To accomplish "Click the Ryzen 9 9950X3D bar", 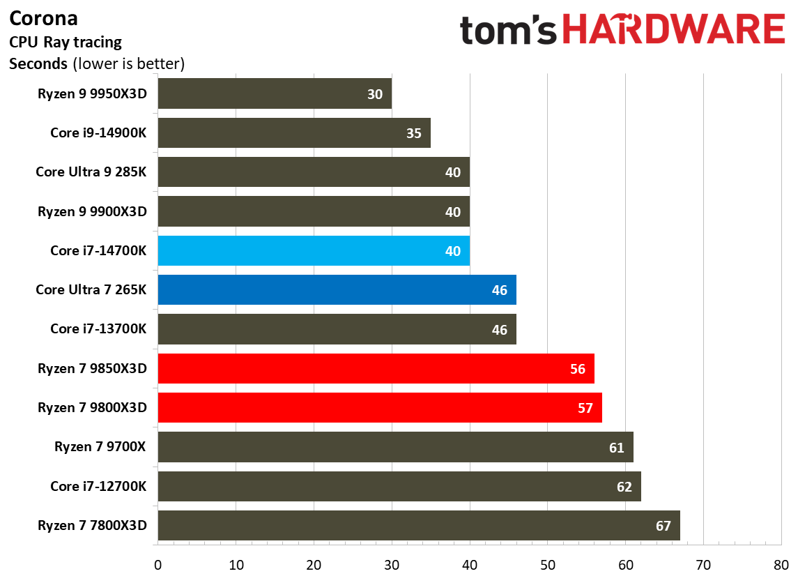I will coord(275,93).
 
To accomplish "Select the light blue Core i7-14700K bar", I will coord(314,251).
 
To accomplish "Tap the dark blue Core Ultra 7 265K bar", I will coord(337,290).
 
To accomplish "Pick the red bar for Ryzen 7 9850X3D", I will coord(376,368).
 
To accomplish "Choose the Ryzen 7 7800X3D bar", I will coord(418,525).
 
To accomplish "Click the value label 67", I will coord(663,526).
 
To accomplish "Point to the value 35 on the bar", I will coord(414,133).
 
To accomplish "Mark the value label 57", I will coord(585,408).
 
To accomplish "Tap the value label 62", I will coord(624,487).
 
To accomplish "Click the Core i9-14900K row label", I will coord(98,133).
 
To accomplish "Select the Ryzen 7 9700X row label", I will coord(100,447).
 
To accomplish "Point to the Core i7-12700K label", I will coord(98,486).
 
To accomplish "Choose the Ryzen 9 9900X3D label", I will coord(92,211).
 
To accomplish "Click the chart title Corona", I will coord(43,18).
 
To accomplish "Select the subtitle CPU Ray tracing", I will coord(65,42).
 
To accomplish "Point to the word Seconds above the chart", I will coord(38,64).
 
